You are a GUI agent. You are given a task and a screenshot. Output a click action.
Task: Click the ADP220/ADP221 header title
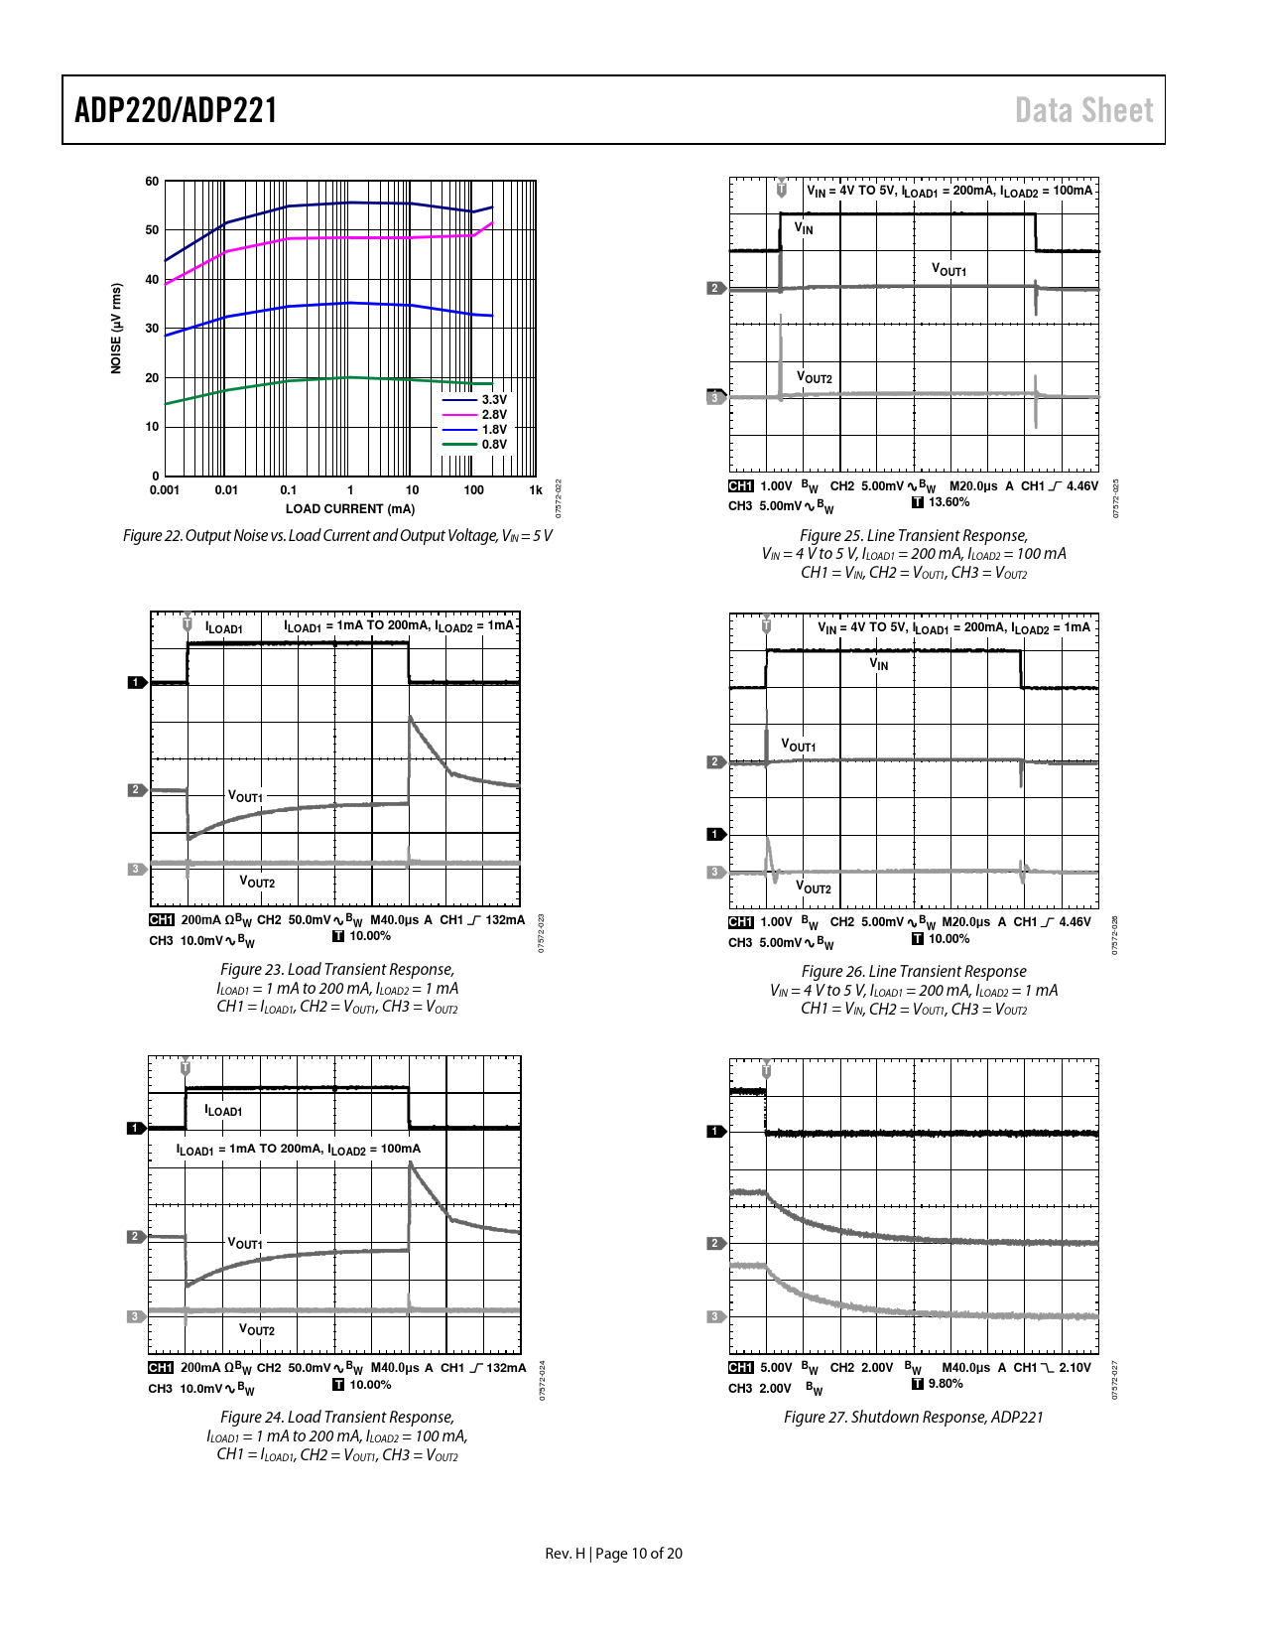[x=176, y=110]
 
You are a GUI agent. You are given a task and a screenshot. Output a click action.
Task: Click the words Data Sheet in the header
[x=1083, y=110]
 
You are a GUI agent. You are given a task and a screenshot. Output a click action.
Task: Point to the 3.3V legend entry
[x=493, y=399]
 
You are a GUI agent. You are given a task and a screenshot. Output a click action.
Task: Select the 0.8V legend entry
[x=493, y=444]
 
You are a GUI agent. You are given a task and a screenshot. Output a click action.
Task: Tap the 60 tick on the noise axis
[x=152, y=182]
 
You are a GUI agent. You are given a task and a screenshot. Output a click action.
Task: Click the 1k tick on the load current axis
[x=536, y=489]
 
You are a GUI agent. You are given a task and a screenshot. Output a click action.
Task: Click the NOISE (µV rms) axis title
[x=116, y=329]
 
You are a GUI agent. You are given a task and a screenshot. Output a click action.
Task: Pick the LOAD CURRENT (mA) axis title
[x=350, y=509]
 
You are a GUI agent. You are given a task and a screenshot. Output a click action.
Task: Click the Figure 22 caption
[x=337, y=536]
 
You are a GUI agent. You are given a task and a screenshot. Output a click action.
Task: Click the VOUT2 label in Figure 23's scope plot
[x=257, y=882]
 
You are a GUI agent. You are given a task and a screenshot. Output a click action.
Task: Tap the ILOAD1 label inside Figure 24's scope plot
[x=223, y=1111]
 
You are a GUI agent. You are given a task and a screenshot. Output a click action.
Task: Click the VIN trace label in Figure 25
[x=804, y=229]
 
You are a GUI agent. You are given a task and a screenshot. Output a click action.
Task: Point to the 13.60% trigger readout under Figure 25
[x=949, y=502]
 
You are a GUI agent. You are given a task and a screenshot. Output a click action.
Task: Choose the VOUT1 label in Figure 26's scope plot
[x=798, y=746]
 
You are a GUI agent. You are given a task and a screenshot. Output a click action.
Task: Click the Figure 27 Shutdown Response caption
[x=913, y=1417]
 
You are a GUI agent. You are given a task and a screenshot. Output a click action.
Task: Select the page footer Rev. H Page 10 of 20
[x=613, y=1554]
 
